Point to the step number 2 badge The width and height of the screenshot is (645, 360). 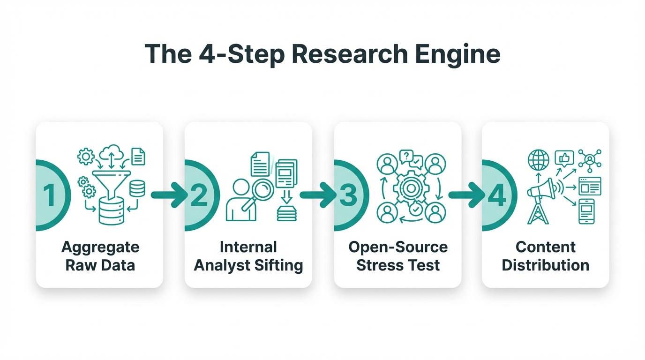[199, 195]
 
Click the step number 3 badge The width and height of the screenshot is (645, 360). [348, 195]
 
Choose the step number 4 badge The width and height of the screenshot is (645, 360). [496, 195]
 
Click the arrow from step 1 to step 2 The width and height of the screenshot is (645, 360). [169, 195]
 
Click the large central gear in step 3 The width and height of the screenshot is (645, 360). [411, 188]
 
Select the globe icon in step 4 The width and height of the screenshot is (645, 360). [538, 160]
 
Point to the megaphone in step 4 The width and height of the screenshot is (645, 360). [542, 189]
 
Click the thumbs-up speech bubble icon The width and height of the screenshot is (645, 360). [564, 158]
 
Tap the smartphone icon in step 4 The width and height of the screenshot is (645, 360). [586, 211]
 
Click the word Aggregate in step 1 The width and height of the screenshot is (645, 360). [100, 247]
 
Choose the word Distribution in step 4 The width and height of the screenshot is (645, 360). [545, 265]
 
